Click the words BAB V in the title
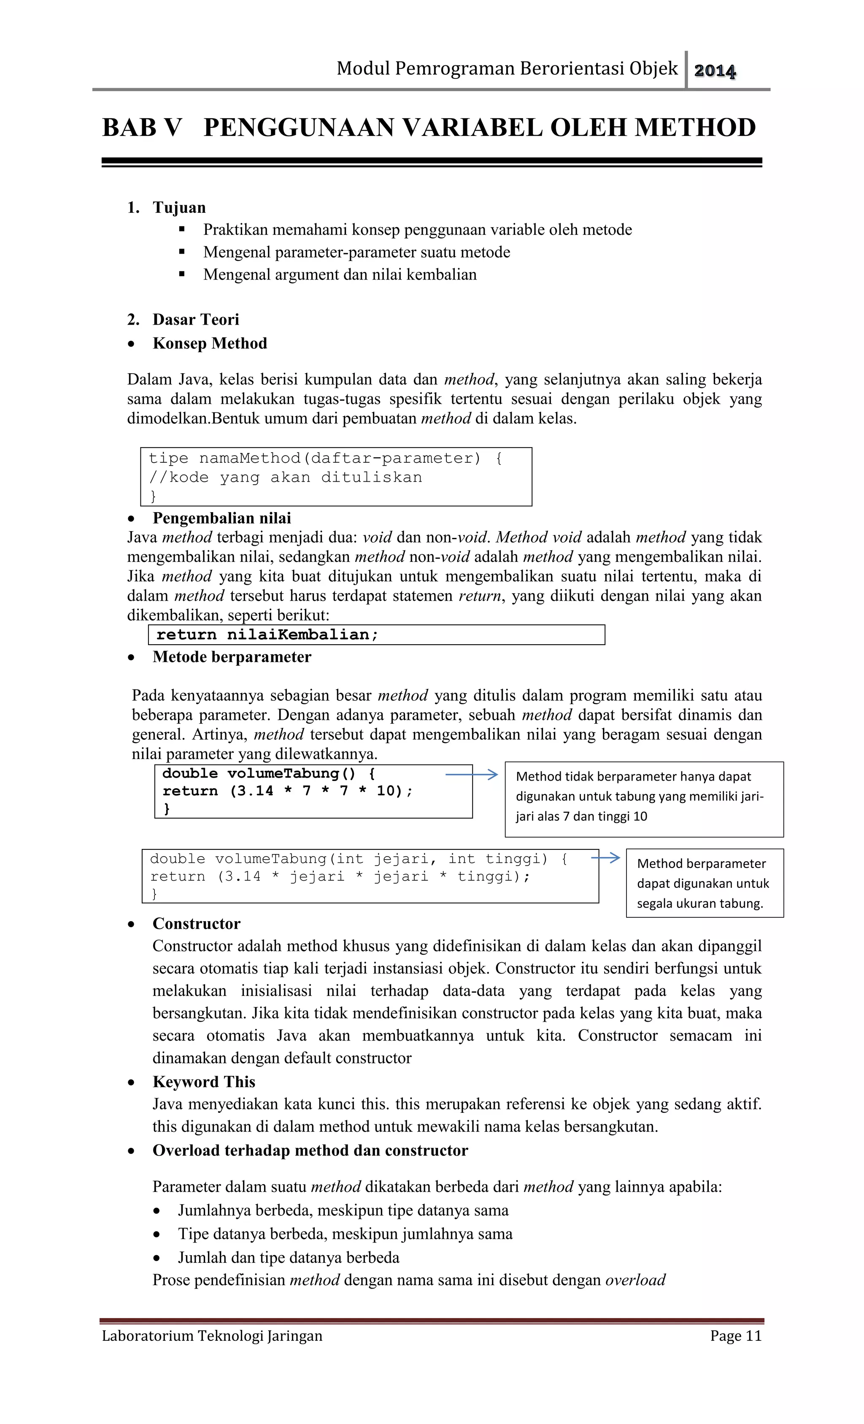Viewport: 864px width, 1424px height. coord(142,128)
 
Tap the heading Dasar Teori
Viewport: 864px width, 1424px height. coord(195,320)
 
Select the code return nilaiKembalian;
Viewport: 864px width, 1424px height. coord(267,635)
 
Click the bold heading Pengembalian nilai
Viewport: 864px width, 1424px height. coord(222,518)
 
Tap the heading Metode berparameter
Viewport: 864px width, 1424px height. coord(232,657)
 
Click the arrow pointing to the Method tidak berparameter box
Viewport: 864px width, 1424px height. coord(471,774)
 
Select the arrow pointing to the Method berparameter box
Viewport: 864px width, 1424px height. coord(605,858)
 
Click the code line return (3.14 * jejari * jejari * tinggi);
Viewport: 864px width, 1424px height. coord(340,877)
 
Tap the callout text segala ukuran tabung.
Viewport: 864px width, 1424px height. coord(699,903)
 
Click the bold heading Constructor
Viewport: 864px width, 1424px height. coord(196,924)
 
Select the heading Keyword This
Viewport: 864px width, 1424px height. coord(204,1082)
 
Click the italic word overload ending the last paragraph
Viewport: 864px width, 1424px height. coord(635,1280)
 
